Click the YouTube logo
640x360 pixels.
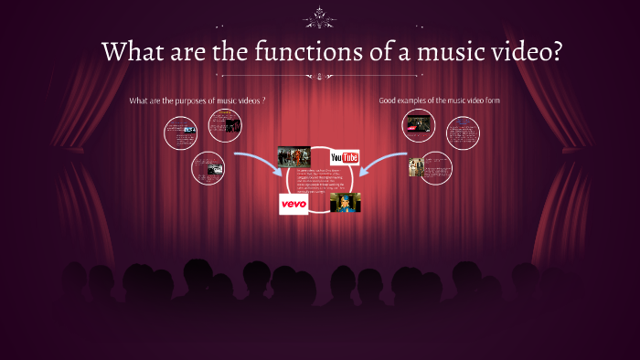point(345,157)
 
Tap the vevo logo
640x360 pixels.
point(293,204)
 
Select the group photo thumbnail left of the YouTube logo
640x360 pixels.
point(294,156)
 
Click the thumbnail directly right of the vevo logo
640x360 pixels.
point(346,202)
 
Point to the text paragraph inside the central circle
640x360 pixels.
point(319,181)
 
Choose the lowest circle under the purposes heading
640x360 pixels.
point(208,168)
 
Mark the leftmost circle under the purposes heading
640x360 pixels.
point(181,133)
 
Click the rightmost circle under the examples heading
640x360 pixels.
point(463,133)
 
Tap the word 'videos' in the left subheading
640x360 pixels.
point(245,100)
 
